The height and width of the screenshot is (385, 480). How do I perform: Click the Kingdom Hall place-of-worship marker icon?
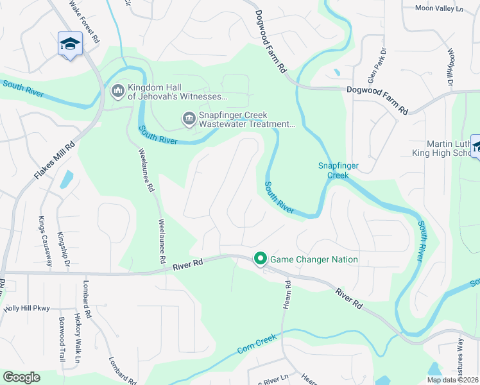click(x=117, y=92)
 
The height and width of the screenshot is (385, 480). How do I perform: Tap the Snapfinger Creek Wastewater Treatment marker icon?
click(x=189, y=117)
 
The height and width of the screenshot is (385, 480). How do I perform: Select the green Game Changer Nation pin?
click(x=260, y=259)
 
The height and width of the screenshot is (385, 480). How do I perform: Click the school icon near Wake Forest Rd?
click(x=70, y=44)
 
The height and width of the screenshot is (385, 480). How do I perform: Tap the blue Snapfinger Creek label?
click(x=338, y=170)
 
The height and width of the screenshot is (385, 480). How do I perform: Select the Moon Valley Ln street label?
click(x=438, y=8)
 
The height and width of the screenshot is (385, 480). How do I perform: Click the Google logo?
click(x=21, y=377)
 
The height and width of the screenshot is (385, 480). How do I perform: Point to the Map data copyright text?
click(x=452, y=380)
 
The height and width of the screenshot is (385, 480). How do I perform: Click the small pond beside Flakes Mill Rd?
click(x=67, y=180)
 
